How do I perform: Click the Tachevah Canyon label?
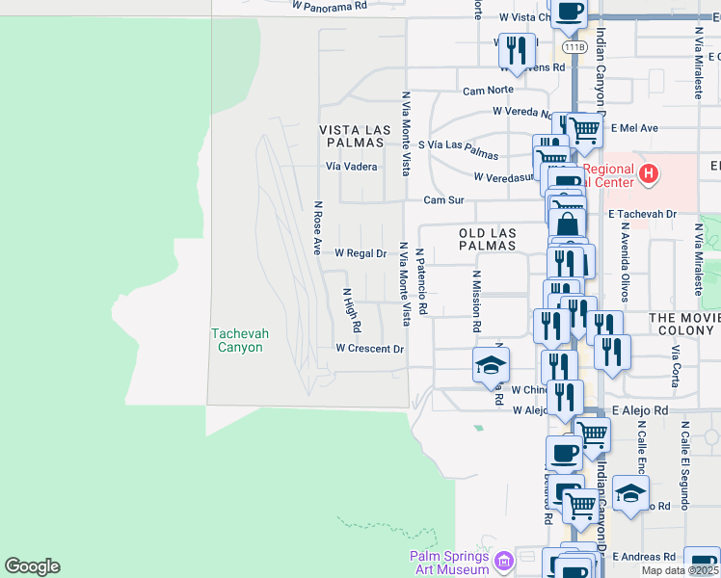(x=240, y=340)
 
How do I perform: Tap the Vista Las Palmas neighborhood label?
(x=355, y=136)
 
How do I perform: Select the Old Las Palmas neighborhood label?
(x=488, y=240)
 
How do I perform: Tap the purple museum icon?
(x=503, y=561)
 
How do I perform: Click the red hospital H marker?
(x=650, y=175)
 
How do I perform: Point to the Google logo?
(x=32, y=566)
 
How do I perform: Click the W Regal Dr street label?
(x=360, y=253)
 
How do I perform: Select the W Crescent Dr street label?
(x=369, y=348)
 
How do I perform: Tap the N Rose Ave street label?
(x=316, y=227)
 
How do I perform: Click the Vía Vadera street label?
(x=351, y=166)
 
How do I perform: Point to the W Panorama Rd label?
(x=331, y=5)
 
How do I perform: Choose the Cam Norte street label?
(x=488, y=91)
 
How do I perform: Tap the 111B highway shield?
(x=573, y=46)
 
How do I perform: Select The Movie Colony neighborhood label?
(x=684, y=324)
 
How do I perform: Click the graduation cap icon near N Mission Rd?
(x=490, y=365)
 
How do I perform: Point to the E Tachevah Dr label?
(x=642, y=214)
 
